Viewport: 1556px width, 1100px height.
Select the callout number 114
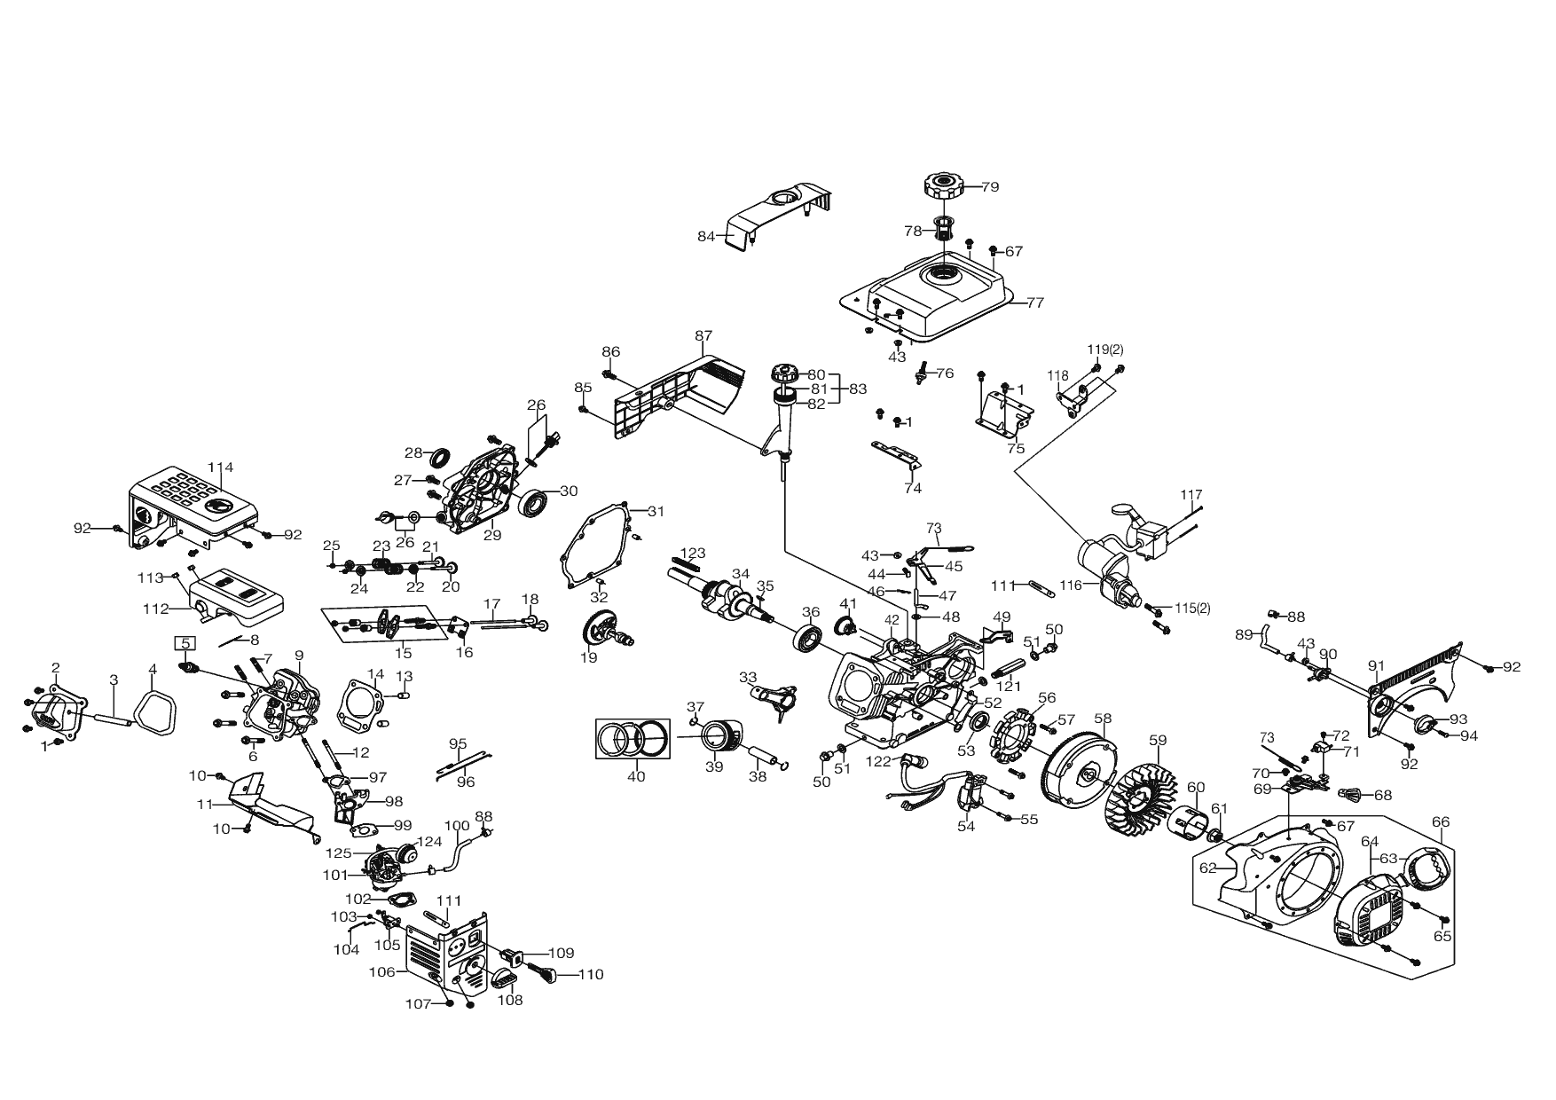click(x=220, y=467)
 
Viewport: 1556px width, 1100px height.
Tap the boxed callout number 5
click(x=185, y=642)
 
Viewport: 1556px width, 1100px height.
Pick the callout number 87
click(x=703, y=335)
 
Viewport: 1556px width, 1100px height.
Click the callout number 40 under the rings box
click(x=636, y=777)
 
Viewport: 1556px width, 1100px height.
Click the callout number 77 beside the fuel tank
click(x=1035, y=302)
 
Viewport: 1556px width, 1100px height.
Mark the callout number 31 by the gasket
click(x=656, y=511)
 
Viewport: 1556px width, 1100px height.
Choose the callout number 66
click(x=1440, y=822)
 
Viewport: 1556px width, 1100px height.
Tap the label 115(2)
click(x=1192, y=608)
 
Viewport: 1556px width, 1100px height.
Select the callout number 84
click(x=706, y=236)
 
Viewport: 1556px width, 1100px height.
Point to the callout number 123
click(x=693, y=554)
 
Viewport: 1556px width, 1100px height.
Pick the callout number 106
click(x=381, y=971)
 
